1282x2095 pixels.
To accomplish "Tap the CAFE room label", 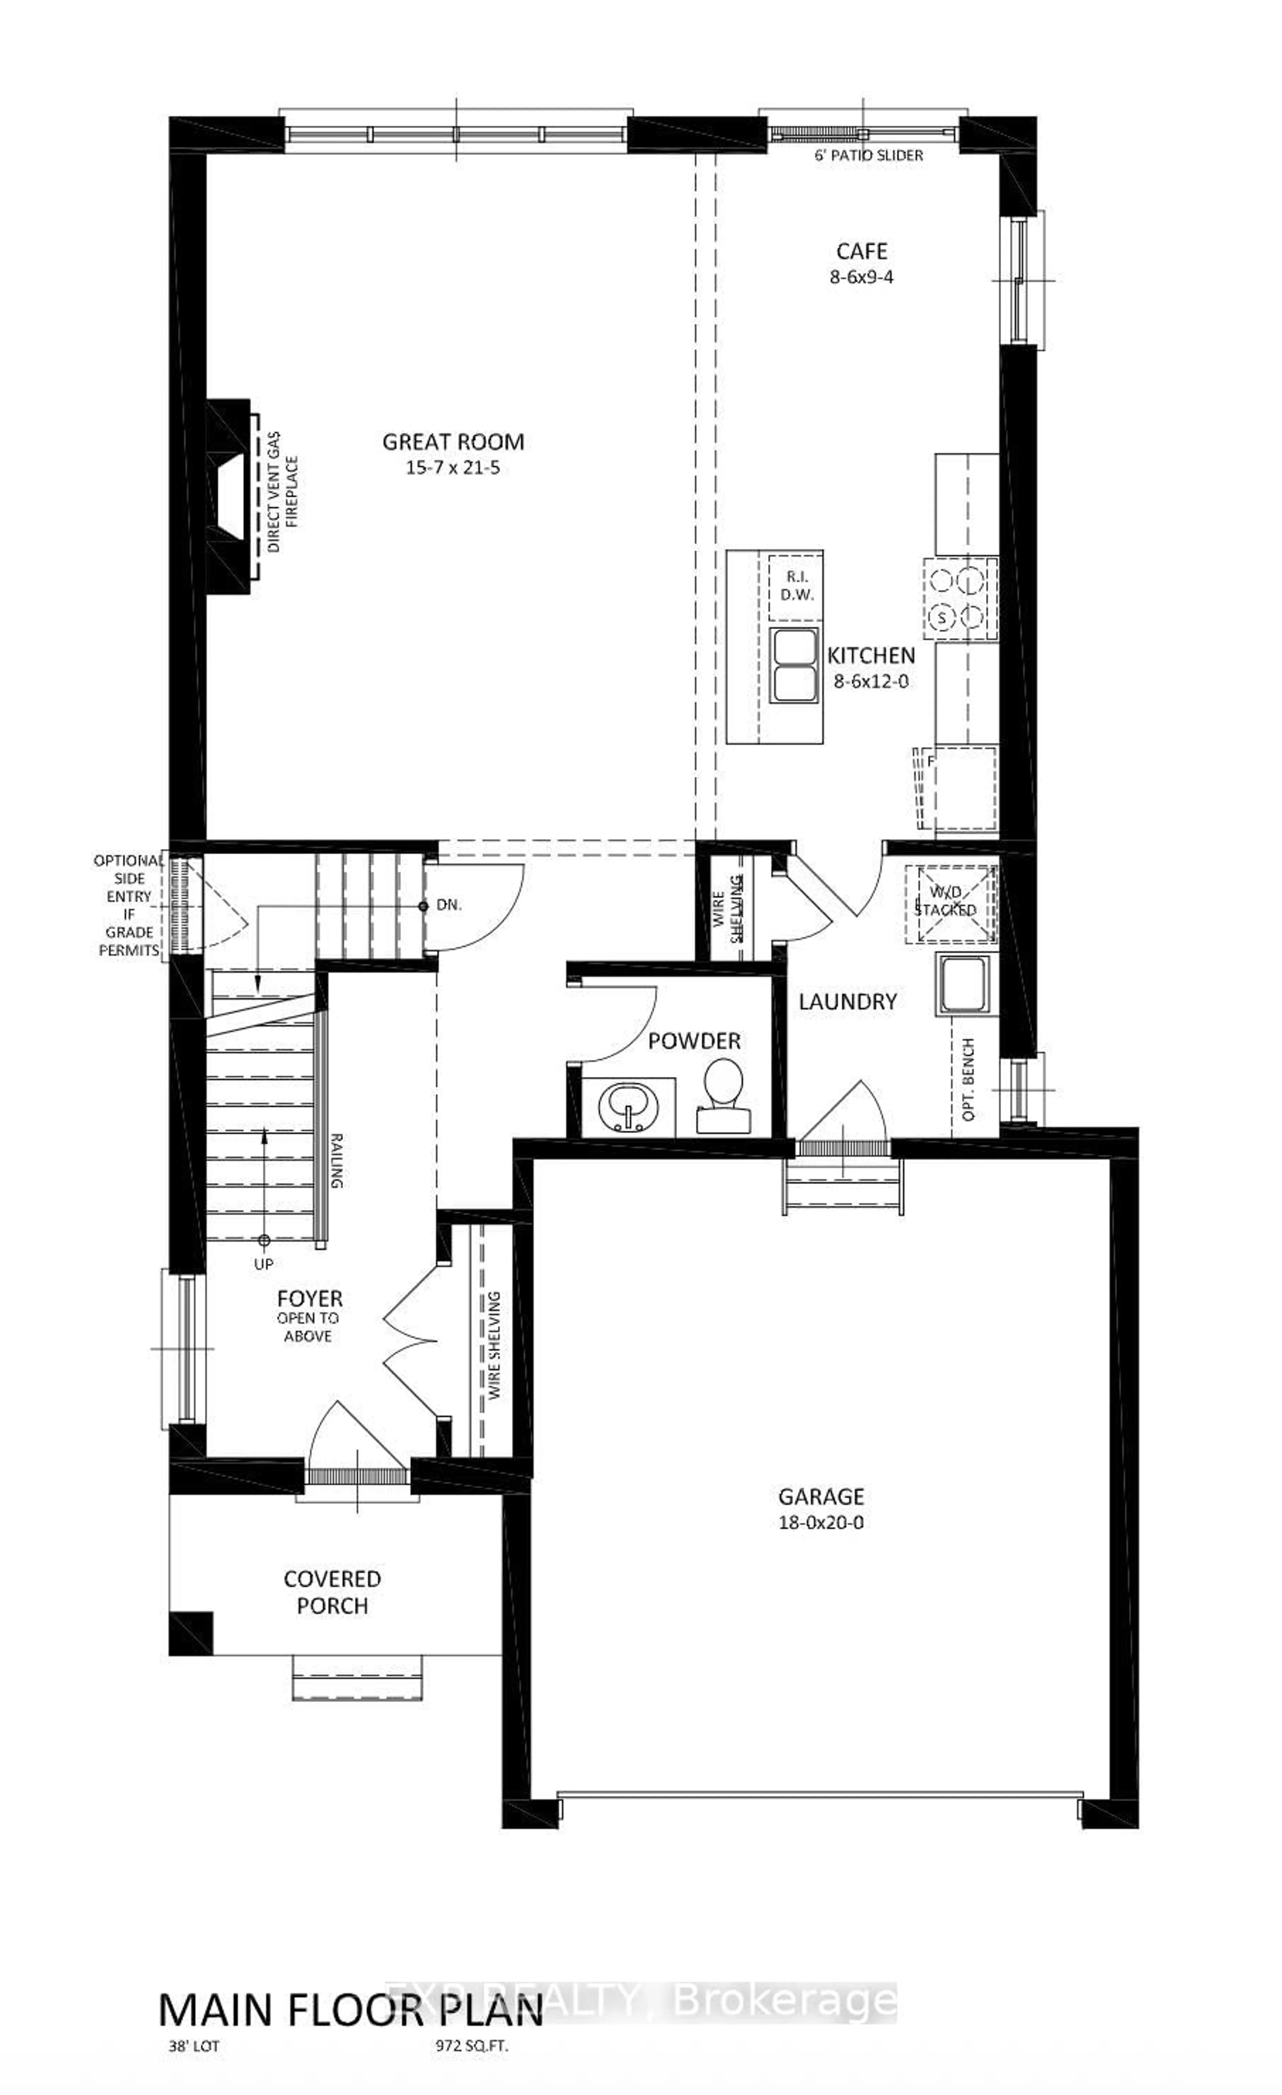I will pyautogui.click(x=861, y=252).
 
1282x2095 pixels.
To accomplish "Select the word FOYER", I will pyautogui.click(x=309, y=1299).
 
